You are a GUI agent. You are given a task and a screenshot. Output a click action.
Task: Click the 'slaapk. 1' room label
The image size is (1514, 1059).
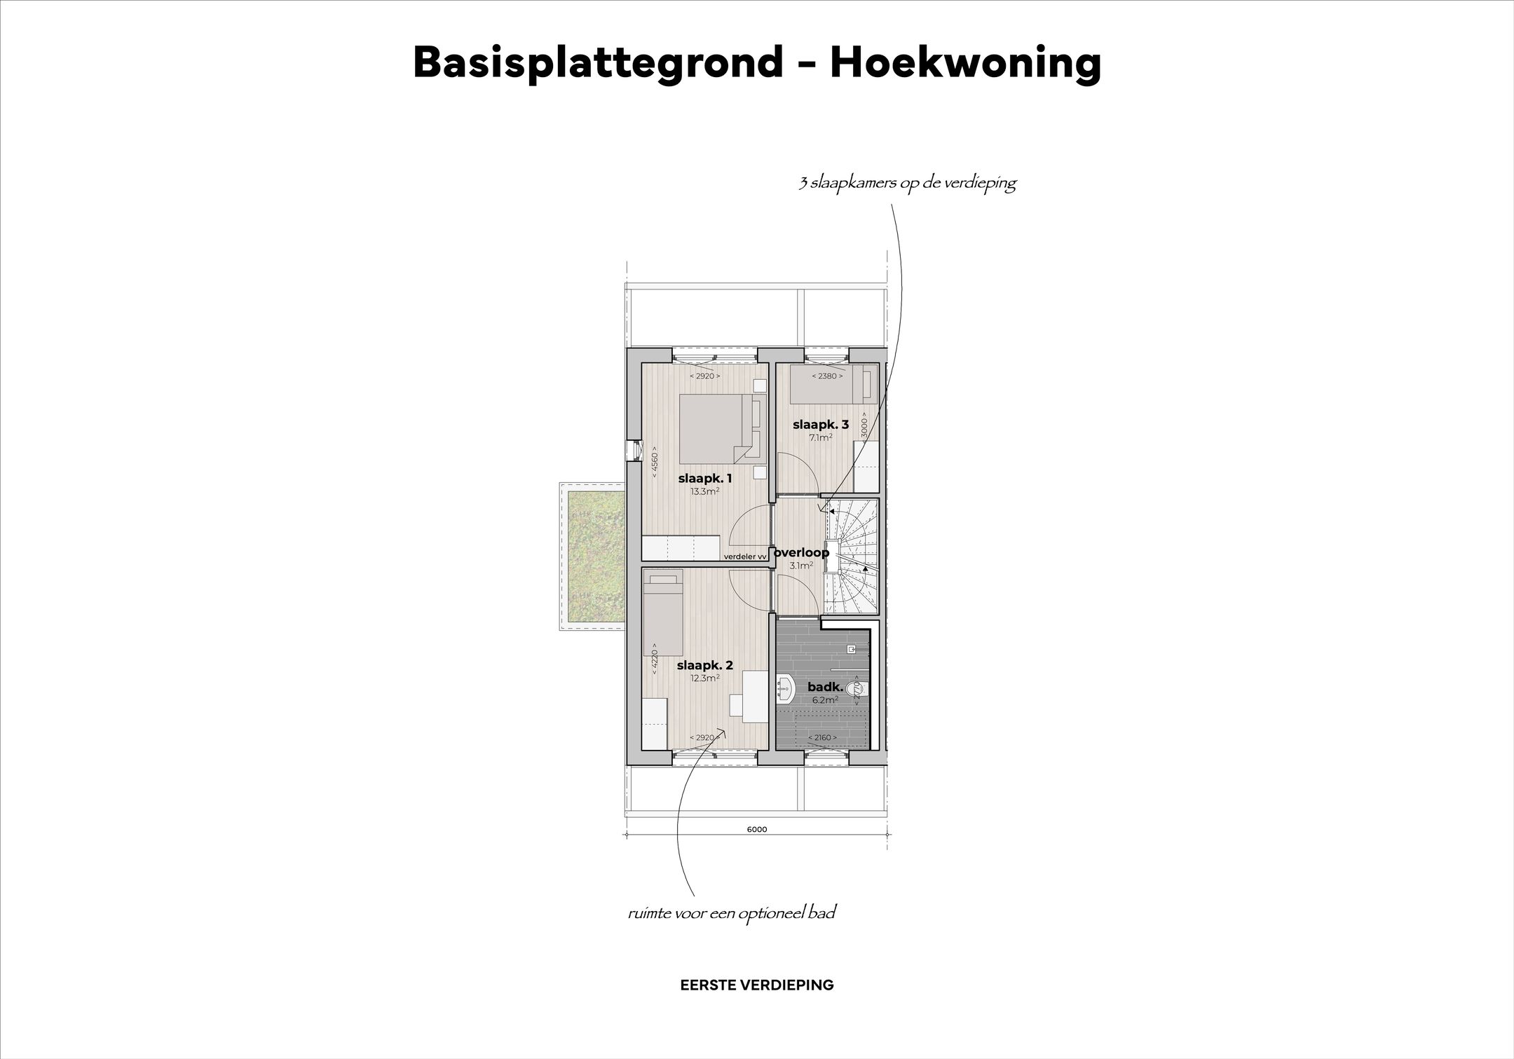click(x=705, y=479)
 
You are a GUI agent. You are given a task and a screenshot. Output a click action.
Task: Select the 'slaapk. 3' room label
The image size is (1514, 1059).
click(x=821, y=424)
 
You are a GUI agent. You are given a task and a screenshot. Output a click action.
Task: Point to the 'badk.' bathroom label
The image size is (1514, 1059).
click(x=825, y=688)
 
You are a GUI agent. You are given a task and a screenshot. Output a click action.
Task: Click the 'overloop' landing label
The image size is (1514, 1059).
click(x=801, y=552)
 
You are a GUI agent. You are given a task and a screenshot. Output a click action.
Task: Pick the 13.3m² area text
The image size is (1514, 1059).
click(x=705, y=491)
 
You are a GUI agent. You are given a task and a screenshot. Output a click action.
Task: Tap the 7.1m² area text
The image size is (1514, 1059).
click(x=821, y=437)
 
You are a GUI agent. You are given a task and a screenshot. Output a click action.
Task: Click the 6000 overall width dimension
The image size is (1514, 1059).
click(x=757, y=829)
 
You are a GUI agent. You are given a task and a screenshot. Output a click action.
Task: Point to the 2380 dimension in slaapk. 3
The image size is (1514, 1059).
click(x=827, y=376)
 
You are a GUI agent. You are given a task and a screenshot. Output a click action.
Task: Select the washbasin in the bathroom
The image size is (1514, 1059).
click(x=786, y=688)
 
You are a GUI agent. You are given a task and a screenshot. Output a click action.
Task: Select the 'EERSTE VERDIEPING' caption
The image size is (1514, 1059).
click(x=757, y=985)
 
